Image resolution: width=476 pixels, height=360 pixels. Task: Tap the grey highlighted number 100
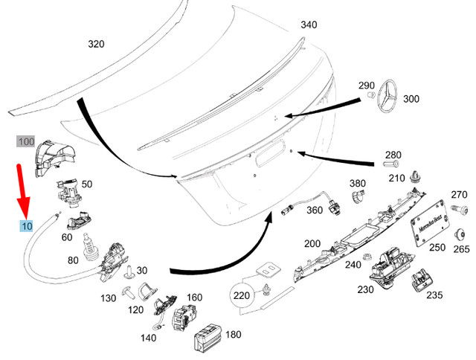tap(26, 141)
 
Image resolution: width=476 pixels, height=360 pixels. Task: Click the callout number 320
tap(96, 44)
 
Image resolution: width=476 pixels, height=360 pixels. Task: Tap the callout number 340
tap(309, 25)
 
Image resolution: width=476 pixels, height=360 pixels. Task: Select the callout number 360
tap(315, 210)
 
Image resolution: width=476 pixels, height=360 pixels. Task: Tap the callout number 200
tap(312, 244)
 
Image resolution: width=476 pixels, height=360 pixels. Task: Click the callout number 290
tap(367, 86)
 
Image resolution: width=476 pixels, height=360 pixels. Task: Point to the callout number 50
tap(87, 184)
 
